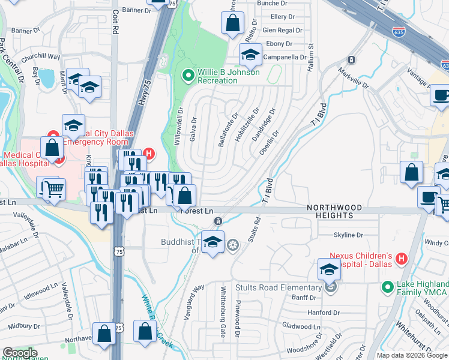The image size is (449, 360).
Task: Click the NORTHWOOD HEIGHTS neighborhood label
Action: click(x=334, y=211)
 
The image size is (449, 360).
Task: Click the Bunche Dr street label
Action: click(x=273, y=4)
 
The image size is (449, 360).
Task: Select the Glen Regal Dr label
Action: click(x=277, y=30)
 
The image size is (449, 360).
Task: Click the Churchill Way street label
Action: click(x=41, y=58)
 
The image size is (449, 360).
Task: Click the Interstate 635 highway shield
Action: click(x=398, y=31)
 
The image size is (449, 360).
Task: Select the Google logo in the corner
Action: click(x=20, y=353)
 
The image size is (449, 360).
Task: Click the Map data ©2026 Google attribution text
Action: click(x=411, y=355)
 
